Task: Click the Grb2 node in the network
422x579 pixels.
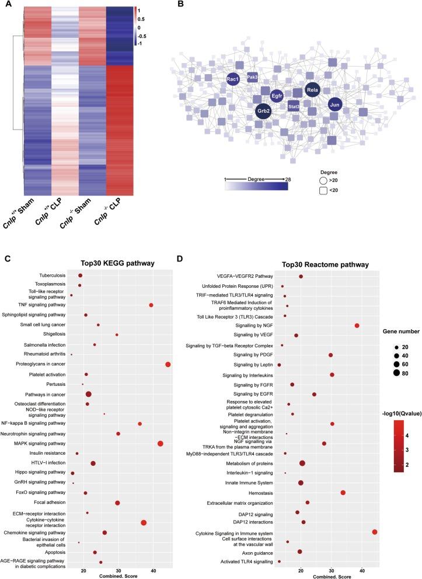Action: click(263, 111)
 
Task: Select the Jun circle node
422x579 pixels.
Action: click(334, 105)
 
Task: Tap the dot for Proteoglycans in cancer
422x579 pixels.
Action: click(168, 364)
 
